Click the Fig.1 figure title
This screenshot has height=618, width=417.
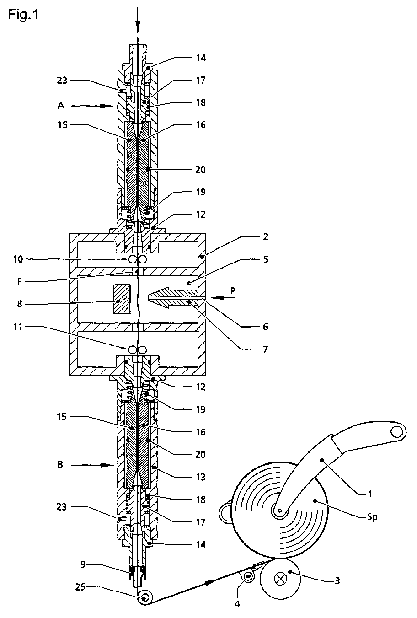[23, 14]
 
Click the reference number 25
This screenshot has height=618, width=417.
[80, 587]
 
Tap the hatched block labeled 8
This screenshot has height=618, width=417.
[122, 299]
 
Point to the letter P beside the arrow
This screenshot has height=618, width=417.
[233, 291]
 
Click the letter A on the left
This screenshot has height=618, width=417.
[61, 105]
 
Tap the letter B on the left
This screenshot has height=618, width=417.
[60, 465]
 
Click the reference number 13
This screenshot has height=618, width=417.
[201, 477]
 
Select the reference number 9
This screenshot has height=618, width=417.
[83, 564]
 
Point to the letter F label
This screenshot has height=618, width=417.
[19, 282]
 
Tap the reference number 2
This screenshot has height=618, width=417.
[265, 236]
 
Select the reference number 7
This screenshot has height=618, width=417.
[265, 349]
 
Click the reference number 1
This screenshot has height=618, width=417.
[370, 494]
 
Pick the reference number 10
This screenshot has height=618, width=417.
[18, 259]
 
